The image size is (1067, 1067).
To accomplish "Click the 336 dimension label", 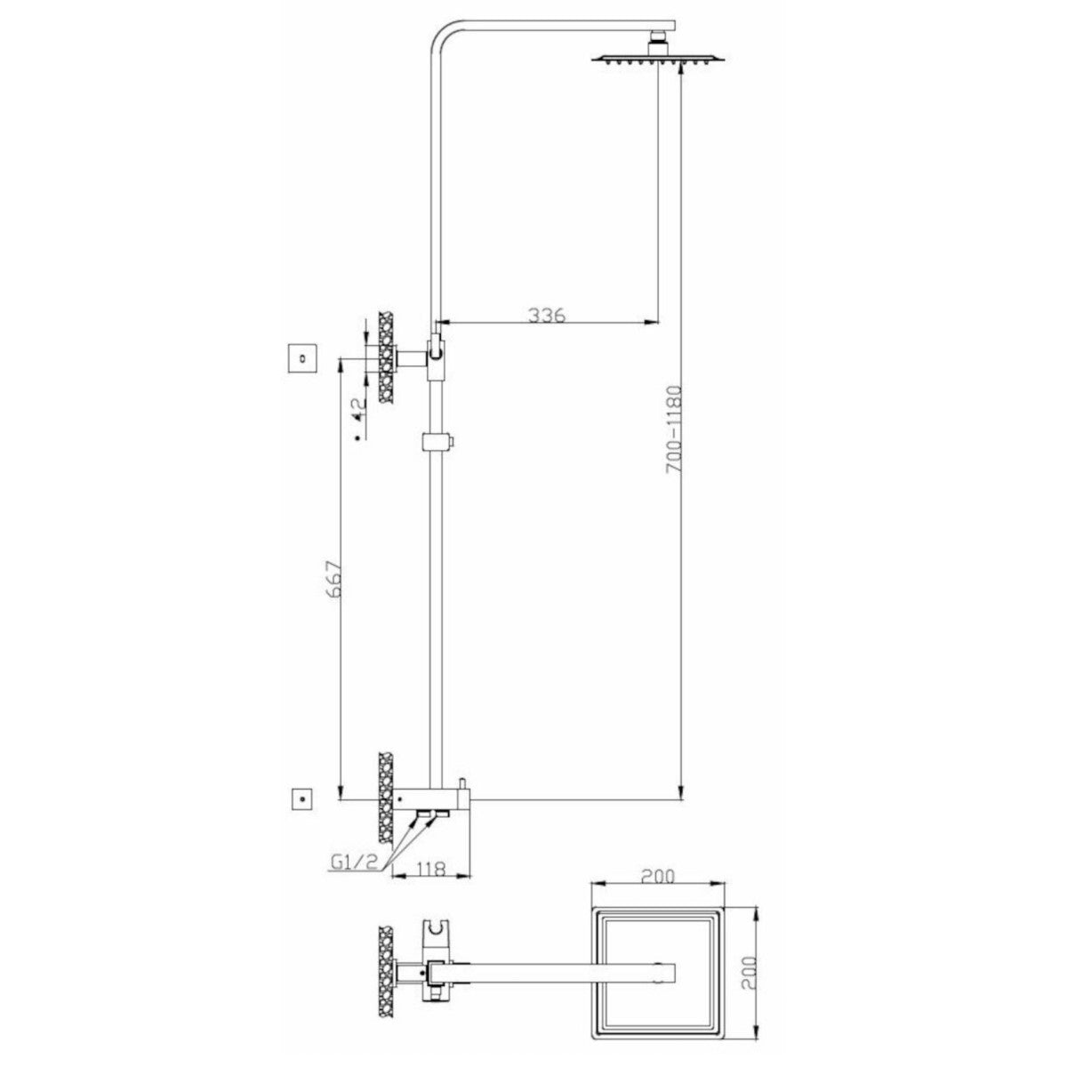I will pos(547,315).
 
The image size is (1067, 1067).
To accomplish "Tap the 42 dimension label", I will pos(357,408).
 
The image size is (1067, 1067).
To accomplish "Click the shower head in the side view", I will pos(659,59).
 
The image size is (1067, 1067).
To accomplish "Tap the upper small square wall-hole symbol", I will pos(303,359).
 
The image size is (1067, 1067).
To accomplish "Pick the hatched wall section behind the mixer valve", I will pos(385,798).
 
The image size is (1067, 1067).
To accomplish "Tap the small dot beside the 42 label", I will pos(357,437).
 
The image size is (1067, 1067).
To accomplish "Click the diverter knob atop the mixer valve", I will pos(461,783).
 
